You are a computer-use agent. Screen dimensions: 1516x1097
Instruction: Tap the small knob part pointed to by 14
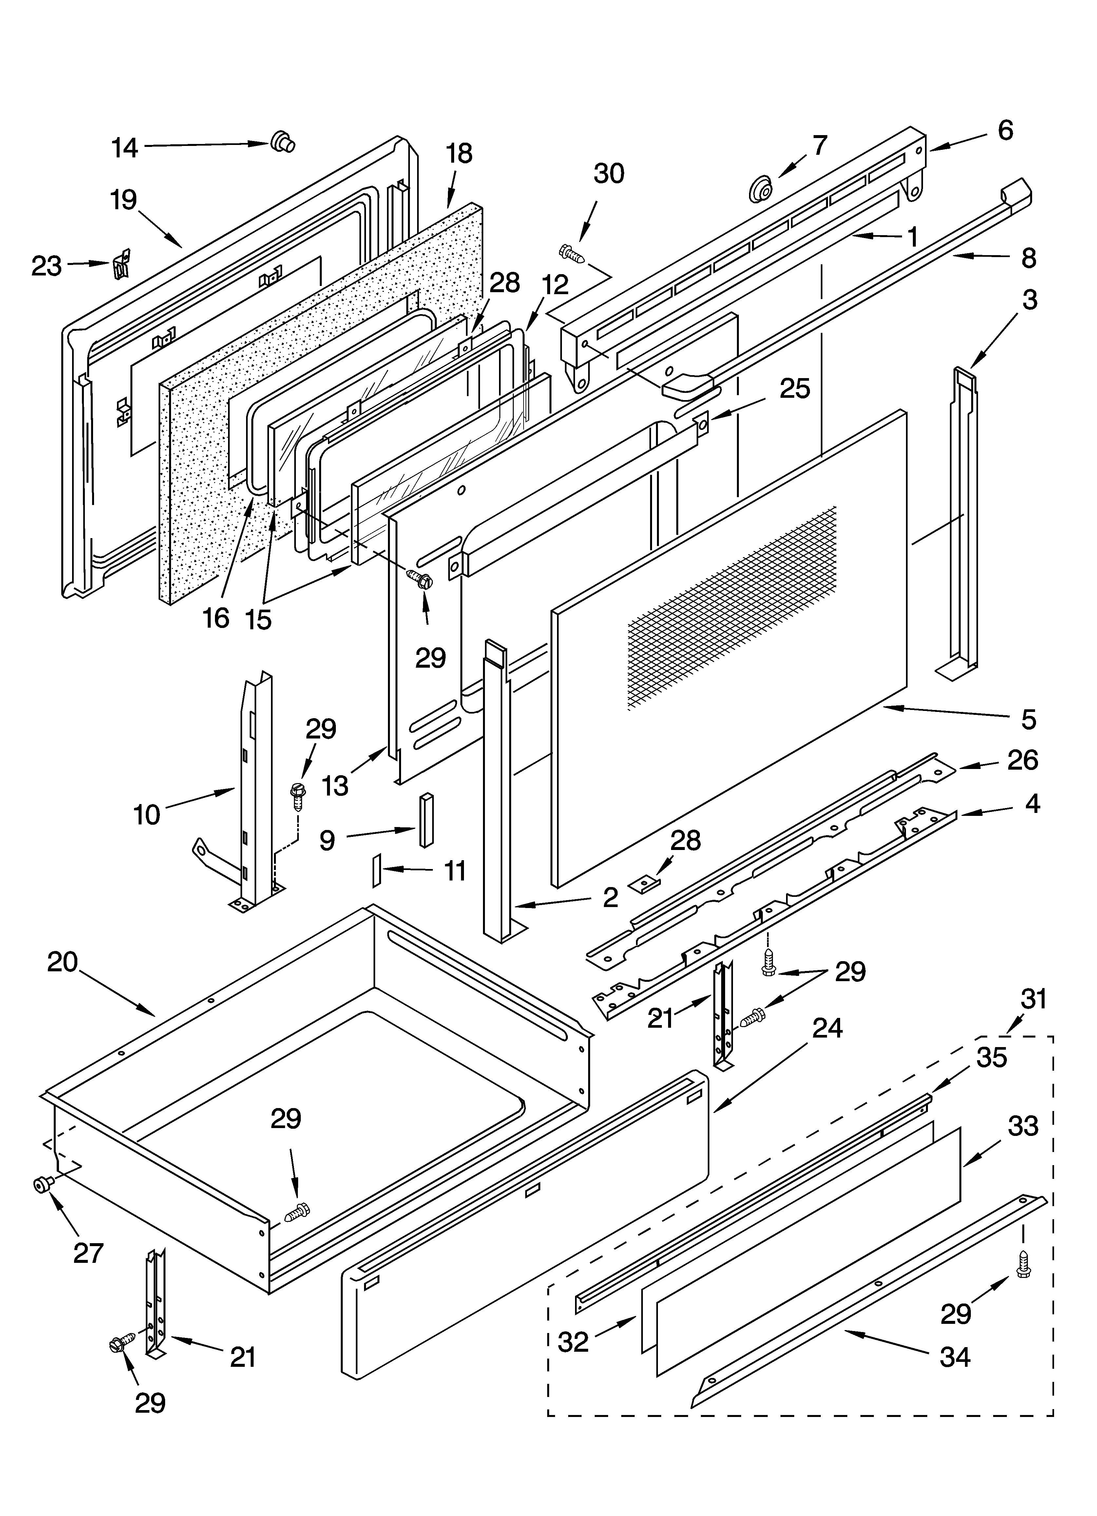click(282, 142)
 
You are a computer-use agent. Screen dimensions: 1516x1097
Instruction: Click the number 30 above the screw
click(609, 174)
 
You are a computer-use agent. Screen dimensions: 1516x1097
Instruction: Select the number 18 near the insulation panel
click(459, 154)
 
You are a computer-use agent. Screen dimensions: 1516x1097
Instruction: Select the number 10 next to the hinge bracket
click(147, 815)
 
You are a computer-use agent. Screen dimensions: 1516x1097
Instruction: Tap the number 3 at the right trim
click(1030, 300)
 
